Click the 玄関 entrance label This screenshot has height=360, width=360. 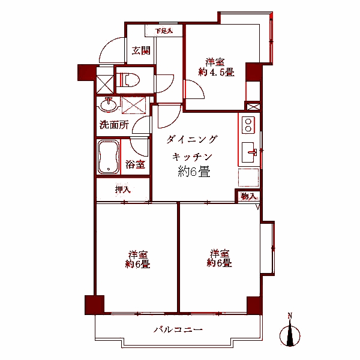(141, 51)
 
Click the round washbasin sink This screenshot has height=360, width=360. (109, 105)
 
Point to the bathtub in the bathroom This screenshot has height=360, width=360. (108, 157)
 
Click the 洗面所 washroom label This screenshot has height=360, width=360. (114, 125)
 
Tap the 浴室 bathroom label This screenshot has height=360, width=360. (136, 164)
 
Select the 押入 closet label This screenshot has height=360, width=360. (123, 190)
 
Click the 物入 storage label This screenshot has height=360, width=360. (248, 196)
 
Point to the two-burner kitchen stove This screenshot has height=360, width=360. (248, 125)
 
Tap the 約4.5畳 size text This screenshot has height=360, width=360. (217, 72)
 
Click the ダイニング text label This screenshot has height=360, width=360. (191, 139)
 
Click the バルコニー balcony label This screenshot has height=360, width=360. (178, 329)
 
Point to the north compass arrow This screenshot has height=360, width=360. (290, 335)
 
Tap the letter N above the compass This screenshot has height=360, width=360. (290, 316)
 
